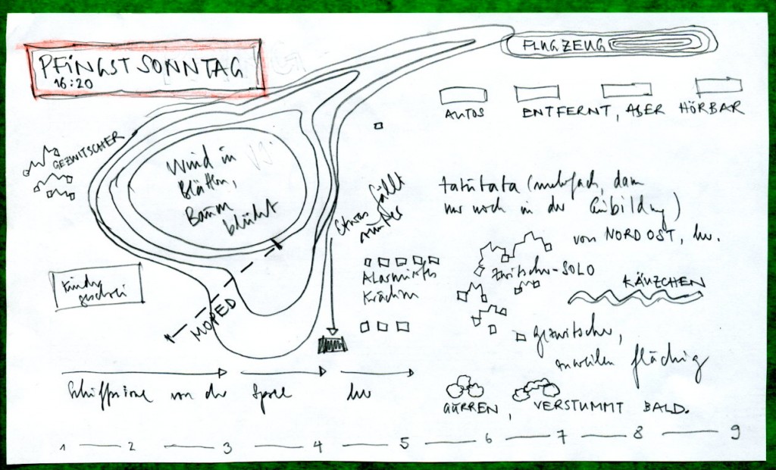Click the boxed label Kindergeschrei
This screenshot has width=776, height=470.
95,288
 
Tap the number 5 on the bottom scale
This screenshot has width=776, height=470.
404,442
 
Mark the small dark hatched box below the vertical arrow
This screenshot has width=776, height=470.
333,346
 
